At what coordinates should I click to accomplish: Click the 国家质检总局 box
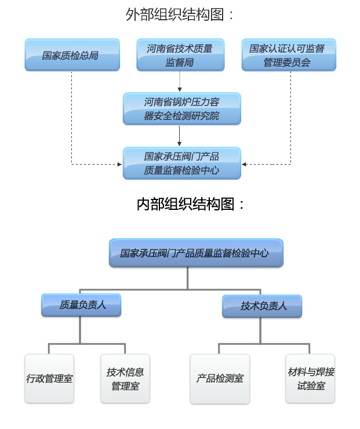[x=72, y=56]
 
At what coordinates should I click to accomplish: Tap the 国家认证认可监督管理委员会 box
[x=288, y=56]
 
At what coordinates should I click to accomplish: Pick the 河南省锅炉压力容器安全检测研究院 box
[x=181, y=109]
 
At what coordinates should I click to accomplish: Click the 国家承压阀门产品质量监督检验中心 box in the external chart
[x=181, y=163]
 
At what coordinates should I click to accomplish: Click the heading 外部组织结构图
[x=180, y=14]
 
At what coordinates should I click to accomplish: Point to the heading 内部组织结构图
[x=191, y=204]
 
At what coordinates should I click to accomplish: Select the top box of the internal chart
[x=196, y=253]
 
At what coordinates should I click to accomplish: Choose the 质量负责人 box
[x=81, y=305]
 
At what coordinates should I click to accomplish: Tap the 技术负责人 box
[x=263, y=306]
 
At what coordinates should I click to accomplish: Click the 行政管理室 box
[x=49, y=379]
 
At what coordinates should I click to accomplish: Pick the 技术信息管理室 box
[x=125, y=379]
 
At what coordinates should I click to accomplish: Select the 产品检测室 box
[x=219, y=379]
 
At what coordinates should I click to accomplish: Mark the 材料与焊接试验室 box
[x=310, y=379]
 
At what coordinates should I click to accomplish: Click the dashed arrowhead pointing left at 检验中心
[x=245, y=164]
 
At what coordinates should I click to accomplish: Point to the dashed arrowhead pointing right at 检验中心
[x=119, y=164]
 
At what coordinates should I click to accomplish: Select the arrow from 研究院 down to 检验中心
[x=180, y=136]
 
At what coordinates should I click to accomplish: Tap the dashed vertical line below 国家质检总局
[x=72, y=116]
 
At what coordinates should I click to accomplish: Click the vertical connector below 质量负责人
[x=80, y=330]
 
